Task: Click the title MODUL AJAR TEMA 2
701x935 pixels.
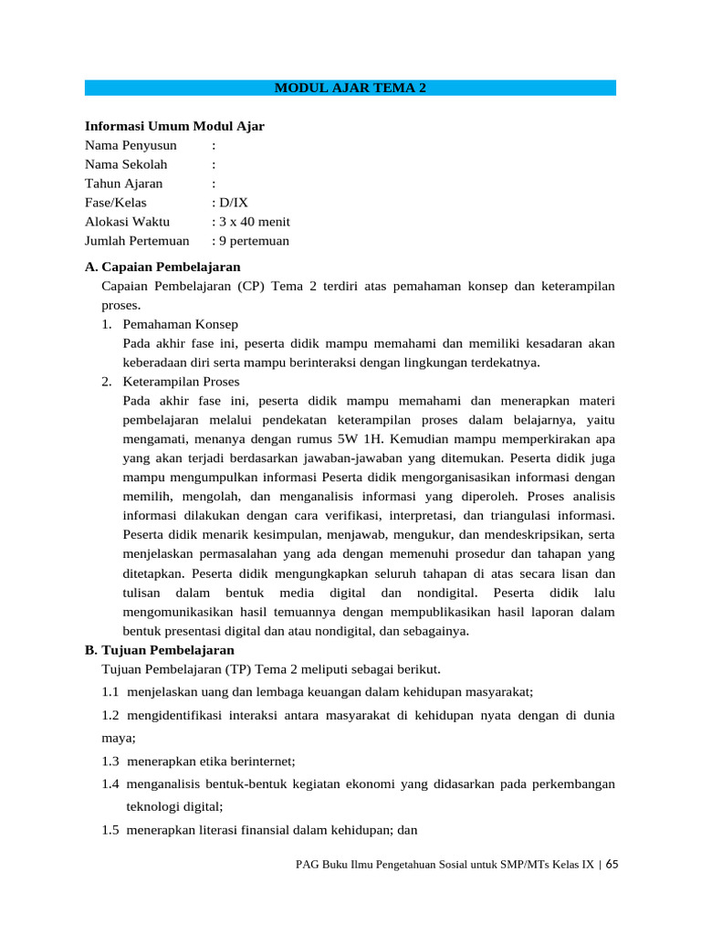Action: (350, 89)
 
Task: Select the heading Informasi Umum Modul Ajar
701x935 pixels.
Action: (174, 126)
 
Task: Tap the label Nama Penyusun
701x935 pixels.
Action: (131, 145)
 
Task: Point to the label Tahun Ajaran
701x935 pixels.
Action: (123, 184)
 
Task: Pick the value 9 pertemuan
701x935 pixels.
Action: (253, 241)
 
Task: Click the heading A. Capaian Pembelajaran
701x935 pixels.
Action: (162, 267)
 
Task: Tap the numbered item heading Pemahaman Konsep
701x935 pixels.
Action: (180, 324)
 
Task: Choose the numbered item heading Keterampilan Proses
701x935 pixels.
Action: (181, 382)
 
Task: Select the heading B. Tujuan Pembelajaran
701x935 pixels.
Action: (160, 650)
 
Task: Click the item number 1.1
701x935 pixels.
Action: (111, 691)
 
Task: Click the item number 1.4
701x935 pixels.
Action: (111, 784)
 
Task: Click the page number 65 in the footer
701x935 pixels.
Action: (612, 864)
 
